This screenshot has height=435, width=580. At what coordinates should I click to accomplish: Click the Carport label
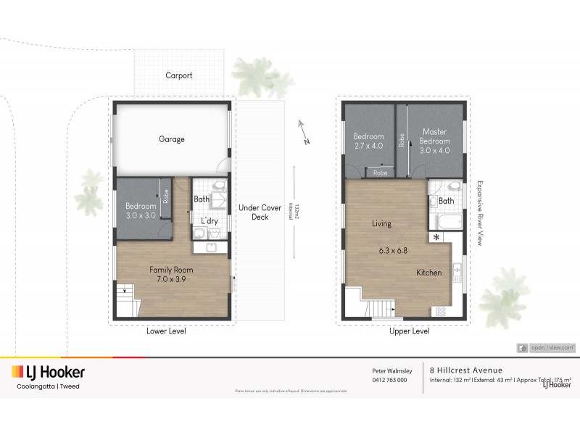coord(178,75)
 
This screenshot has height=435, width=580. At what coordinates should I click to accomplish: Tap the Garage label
coord(172,139)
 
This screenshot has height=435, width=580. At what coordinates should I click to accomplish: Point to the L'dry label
coord(209,220)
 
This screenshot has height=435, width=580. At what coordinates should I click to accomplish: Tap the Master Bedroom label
coord(435,141)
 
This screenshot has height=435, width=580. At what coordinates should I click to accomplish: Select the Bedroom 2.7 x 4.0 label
coord(368,141)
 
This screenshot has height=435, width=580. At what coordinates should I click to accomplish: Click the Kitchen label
coord(430,273)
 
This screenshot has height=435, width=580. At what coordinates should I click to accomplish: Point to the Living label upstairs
coord(382,224)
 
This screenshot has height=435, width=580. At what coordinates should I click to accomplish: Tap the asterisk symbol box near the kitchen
coord(436,237)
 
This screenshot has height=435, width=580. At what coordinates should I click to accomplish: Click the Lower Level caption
coord(167,332)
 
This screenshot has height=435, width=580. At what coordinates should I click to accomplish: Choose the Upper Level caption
coord(408,332)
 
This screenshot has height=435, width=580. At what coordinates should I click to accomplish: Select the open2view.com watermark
coord(547,348)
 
